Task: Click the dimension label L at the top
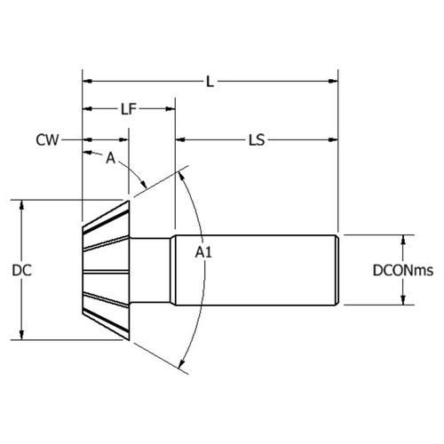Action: (210, 81)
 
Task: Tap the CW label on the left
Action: (48, 140)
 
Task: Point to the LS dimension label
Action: (258, 140)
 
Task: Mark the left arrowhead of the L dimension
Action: (87, 81)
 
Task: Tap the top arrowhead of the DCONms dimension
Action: (405, 240)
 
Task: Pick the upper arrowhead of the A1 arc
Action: (183, 175)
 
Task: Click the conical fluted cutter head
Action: (106, 270)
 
